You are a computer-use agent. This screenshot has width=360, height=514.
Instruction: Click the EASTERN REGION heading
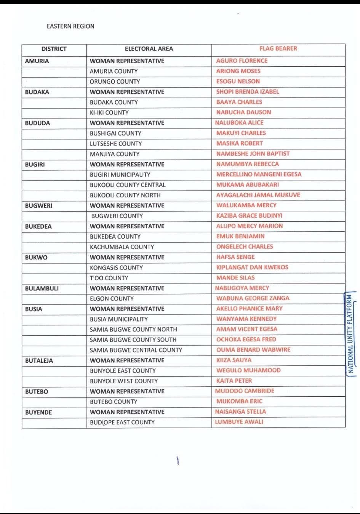(70, 26)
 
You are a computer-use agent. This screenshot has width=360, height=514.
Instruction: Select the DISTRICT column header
(54, 49)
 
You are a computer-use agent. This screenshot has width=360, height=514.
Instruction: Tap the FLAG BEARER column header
(278, 48)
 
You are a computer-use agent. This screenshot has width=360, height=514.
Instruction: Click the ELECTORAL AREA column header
(149, 49)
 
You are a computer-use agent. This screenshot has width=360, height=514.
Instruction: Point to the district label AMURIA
(37, 61)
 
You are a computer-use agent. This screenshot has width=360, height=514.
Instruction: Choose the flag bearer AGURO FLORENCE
(242, 61)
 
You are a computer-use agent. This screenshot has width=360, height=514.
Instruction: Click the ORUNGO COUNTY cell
(115, 82)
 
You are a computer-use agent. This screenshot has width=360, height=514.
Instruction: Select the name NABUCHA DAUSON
(243, 112)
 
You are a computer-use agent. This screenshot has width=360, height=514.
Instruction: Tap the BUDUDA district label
(37, 123)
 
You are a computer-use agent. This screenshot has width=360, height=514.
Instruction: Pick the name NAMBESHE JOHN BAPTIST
(253, 154)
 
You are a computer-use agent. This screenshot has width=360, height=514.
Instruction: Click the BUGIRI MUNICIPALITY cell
(120, 175)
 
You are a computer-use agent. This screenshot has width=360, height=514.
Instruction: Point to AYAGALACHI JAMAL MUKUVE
(258, 195)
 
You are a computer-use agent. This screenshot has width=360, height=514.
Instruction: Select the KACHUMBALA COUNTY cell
(122, 247)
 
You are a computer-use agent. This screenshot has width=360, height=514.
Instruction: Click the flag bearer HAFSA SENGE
(235, 257)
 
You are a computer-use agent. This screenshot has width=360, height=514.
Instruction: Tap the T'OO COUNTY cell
(109, 278)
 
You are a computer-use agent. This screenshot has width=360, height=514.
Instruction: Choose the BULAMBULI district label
(42, 288)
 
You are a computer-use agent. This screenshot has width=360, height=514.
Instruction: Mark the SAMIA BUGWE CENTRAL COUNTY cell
(136, 350)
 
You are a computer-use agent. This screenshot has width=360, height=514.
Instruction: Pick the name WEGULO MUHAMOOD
(248, 370)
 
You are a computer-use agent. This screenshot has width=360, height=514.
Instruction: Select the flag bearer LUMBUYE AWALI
(239, 422)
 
